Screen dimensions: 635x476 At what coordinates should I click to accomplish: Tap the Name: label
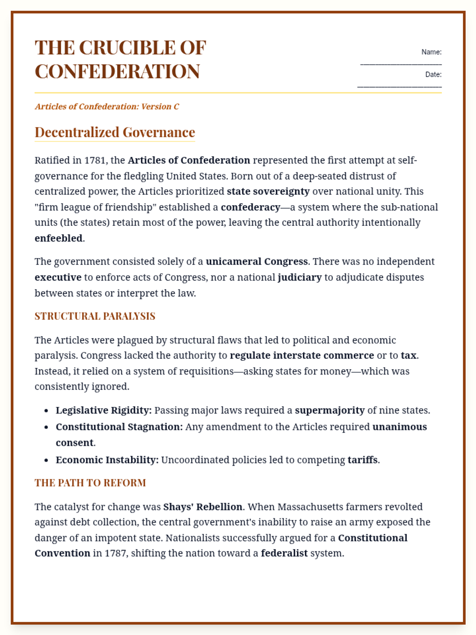(x=431, y=52)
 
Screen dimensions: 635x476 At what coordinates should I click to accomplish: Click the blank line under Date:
(x=399, y=86)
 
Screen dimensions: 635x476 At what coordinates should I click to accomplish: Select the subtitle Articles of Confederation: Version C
(x=107, y=106)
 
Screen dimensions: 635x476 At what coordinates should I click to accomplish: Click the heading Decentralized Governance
(x=115, y=132)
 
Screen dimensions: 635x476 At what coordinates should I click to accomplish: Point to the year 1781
(x=96, y=160)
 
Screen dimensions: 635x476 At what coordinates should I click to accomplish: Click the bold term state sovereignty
(x=268, y=191)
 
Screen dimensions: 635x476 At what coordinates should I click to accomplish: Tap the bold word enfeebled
(x=59, y=238)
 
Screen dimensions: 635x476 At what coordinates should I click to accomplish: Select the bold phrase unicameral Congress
(x=257, y=262)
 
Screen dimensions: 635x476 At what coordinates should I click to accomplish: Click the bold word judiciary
(x=299, y=277)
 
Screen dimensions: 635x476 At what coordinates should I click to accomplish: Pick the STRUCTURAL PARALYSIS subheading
(x=95, y=316)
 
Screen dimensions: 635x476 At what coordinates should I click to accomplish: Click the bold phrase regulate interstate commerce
(x=302, y=355)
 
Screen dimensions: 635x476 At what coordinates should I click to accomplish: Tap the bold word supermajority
(x=330, y=410)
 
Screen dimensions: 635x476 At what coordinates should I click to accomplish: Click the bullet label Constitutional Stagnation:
(x=119, y=427)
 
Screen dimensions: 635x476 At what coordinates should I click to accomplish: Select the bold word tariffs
(x=363, y=460)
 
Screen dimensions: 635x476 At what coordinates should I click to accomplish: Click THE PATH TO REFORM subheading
(x=90, y=483)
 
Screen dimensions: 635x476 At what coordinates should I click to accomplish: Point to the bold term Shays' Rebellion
(x=203, y=507)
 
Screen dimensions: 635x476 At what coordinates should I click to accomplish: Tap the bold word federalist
(x=284, y=553)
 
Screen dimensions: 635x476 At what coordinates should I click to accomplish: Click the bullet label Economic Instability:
(x=107, y=460)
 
